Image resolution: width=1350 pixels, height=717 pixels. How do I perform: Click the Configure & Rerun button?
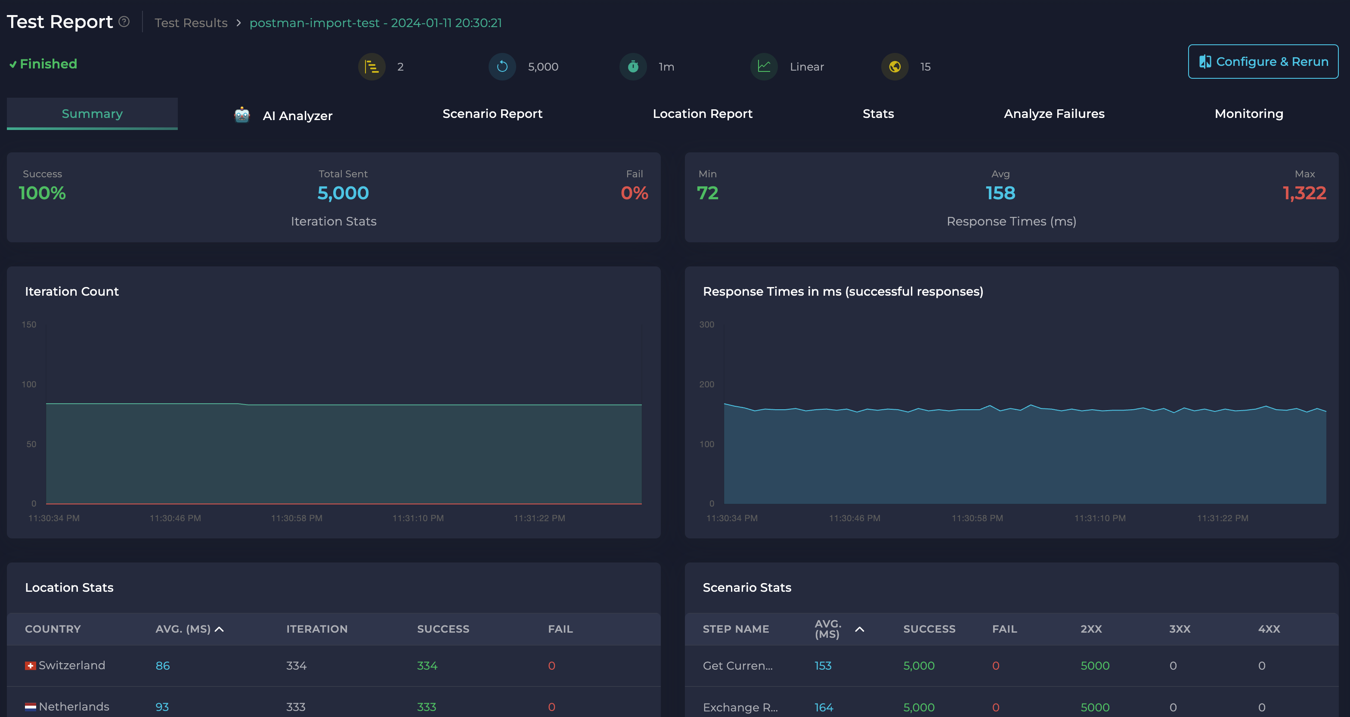(x=1263, y=62)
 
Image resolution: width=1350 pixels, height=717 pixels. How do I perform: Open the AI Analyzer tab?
(x=297, y=115)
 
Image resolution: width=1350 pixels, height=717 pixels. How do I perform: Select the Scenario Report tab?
(x=492, y=114)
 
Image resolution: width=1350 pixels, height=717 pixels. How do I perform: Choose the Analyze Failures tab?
(x=1053, y=114)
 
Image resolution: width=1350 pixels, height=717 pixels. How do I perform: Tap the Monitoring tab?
(x=1248, y=114)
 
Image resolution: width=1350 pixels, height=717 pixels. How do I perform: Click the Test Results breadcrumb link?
(x=191, y=23)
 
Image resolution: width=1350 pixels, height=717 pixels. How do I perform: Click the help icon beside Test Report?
(x=124, y=22)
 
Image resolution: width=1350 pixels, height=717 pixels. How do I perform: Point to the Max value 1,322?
(x=1304, y=193)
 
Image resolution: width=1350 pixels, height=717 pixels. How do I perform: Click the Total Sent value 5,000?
(x=343, y=193)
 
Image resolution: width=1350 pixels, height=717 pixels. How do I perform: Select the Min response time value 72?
(x=707, y=193)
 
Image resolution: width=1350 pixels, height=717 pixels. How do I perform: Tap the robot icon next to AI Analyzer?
(x=242, y=115)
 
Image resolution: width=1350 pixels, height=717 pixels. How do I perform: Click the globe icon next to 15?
(x=895, y=67)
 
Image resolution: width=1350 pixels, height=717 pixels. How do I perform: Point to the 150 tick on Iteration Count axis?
(x=29, y=325)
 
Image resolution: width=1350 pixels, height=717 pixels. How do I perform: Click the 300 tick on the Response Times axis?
(x=706, y=325)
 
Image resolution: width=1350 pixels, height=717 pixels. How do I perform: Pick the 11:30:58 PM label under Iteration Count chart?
(x=296, y=518)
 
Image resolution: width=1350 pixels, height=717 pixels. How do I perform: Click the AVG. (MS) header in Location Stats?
(x=183, y=629)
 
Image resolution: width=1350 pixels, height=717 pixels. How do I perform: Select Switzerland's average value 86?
(x=162, y=666)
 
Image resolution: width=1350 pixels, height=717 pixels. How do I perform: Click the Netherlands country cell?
(x=73, y=707)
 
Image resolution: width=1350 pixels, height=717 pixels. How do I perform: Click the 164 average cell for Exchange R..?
(x=824, y=707)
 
